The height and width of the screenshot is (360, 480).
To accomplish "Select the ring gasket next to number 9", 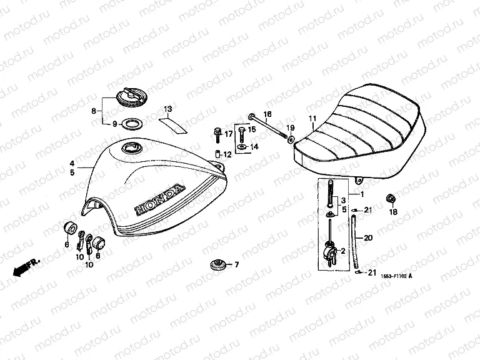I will tap(129, 124).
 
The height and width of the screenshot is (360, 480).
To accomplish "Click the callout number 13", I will tap(167, 110).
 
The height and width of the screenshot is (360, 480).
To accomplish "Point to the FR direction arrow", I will tap(23, 266).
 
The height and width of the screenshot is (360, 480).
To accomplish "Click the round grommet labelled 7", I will tap(217, 265).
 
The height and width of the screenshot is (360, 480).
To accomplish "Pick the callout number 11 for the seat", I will tap(312, 117).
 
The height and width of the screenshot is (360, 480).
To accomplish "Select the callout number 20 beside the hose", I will tap(368, 238).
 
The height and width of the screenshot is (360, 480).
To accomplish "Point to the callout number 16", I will tap(267, 114).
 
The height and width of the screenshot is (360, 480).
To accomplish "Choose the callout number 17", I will tap(228, 134).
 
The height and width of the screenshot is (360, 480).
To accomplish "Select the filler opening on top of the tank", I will tap(132, 149).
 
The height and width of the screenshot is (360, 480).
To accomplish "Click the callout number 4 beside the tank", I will tap(72, 162).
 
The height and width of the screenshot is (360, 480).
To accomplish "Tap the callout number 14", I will tap(254, 147).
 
